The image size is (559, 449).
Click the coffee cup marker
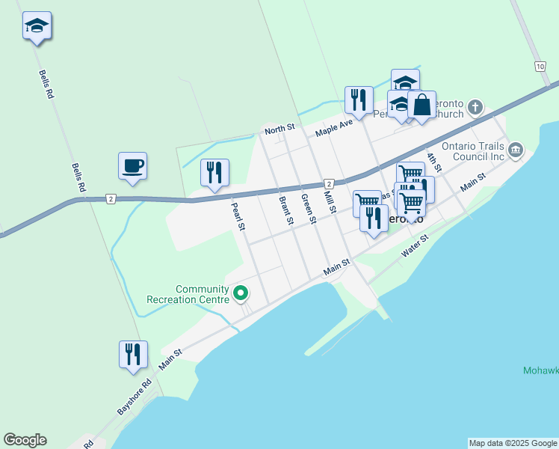(x=132, y=165)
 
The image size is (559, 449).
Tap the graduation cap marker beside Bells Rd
(x=37, y=26)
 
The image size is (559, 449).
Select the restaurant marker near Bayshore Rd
(x=133, y=354)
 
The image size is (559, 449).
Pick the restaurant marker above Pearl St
(x=215, y=173)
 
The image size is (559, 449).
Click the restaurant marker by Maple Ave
(x=359, y=100)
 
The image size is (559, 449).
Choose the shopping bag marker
(x=421, y=106)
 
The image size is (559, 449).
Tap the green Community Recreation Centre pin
(x=241, y=293)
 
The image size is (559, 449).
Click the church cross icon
(x=475, y=109)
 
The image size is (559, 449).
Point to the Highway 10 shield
(x=540, y=67)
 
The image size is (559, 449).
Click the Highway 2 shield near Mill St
(x=328, y=183)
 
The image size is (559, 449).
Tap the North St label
(x=280, y=129)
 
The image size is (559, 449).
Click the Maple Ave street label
(x=333, y=125)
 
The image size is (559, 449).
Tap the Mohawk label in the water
(x=540, y=370)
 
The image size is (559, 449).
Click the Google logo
(x=25, y=440)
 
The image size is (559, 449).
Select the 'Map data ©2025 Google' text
(x=513, y=443)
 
